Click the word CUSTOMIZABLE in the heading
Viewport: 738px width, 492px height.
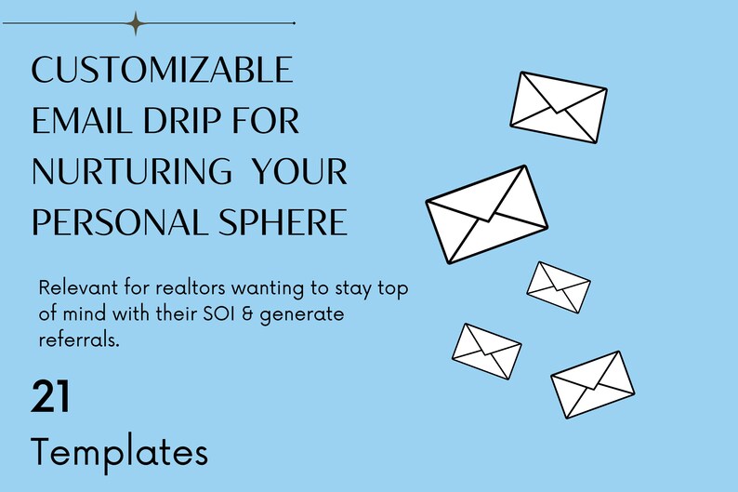pyautogui.click(x=163, y=69)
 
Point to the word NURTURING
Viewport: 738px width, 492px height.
pyautogui.click(x=132, y=171)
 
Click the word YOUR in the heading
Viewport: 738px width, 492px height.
pyautogui.click(x=299, y=171)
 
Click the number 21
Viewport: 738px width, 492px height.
pyautogui.click(x=50, y=396)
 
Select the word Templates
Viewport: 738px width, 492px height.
pyautogui.click(x=120, y=453)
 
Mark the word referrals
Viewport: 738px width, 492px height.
pyautogui.click(x=79, y=339)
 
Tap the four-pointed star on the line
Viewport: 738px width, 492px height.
pyautogui.click(x=136, y=23)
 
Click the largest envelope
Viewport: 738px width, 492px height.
pyautogui.click(x=487, y=214)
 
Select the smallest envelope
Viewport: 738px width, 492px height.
pyautogui.click(x=559, y=287)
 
